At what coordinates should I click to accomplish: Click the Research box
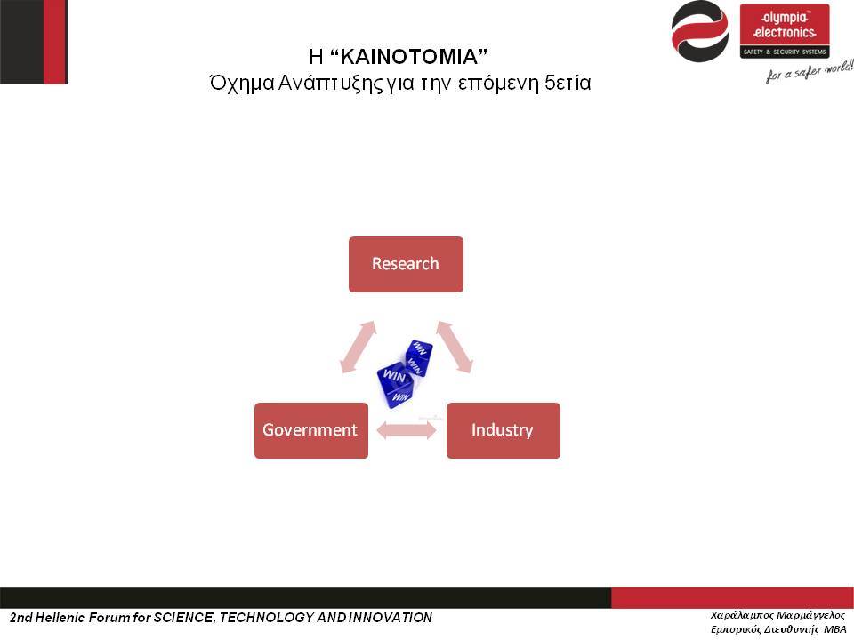406,264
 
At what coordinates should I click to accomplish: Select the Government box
311,430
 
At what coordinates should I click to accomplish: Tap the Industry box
504,430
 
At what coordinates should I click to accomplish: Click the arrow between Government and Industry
407,430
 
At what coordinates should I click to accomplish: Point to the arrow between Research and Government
358,348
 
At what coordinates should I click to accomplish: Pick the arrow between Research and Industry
455,348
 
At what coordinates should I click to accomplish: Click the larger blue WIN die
396,384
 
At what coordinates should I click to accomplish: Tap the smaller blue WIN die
419,357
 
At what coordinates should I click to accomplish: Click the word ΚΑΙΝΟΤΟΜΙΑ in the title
408,56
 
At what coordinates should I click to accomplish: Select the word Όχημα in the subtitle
242,84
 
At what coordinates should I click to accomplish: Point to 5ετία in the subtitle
568,83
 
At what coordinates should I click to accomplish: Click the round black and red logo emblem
700,32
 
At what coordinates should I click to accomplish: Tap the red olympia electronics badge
785,30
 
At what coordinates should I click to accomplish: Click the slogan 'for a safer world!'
810,71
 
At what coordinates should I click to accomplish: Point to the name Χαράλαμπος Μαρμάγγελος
777,615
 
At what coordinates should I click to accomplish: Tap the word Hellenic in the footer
60,618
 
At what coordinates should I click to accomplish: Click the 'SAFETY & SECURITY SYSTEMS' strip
785,52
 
